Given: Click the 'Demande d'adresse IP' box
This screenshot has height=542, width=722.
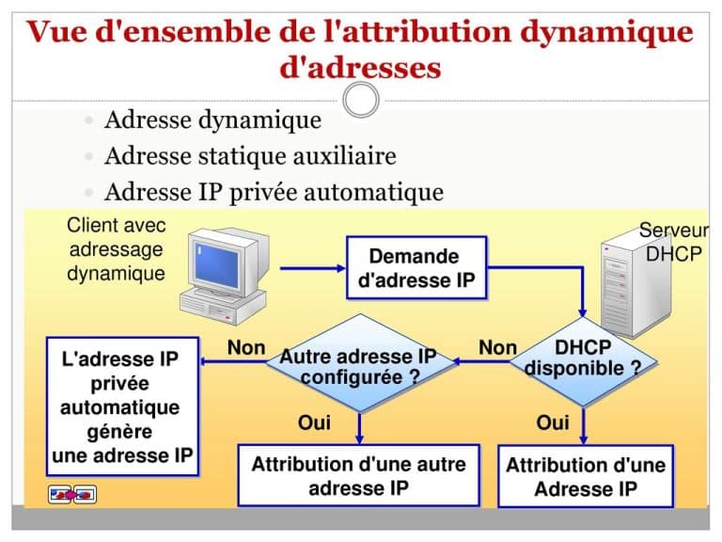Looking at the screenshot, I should click(417, 268).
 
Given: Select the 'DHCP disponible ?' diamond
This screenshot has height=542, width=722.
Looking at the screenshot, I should click(583, 359).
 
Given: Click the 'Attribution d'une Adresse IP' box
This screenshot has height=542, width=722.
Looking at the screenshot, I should click(585, 476).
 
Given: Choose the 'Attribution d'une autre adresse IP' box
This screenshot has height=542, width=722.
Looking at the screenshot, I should click(358, 475).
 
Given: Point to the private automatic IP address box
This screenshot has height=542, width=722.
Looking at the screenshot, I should click(122, 406).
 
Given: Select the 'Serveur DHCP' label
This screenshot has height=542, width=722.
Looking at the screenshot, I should click(673, 242).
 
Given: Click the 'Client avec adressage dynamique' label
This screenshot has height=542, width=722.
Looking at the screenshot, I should click(117, 249).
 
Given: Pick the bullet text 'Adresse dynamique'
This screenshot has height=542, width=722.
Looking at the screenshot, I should click(212, 120).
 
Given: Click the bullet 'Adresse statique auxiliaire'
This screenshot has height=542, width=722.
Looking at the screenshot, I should click(250, 156).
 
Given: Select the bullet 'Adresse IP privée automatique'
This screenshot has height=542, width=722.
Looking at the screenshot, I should click(274, 192).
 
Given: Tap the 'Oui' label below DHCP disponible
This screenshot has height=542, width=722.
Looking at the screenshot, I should click(553, 423).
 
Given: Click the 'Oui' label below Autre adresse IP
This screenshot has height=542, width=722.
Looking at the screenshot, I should click(314, 423).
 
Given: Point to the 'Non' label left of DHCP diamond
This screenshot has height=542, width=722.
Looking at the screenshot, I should click(497, 348).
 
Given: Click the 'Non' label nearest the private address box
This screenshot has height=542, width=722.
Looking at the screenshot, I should click(246, 348).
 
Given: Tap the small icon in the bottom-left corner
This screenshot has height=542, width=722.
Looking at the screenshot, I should click(72, 494).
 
